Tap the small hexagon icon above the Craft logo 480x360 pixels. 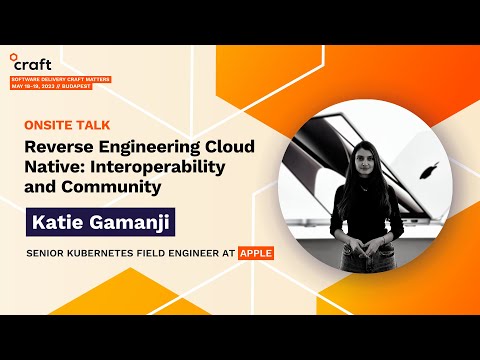(x=13, y=52)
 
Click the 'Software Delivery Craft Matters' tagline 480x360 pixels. (x=60, y=78)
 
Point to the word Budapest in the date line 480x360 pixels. (x=76, y=86)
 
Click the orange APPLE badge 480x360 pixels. (x=255, y=253)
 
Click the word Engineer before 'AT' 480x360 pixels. (x=198, y=254)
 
